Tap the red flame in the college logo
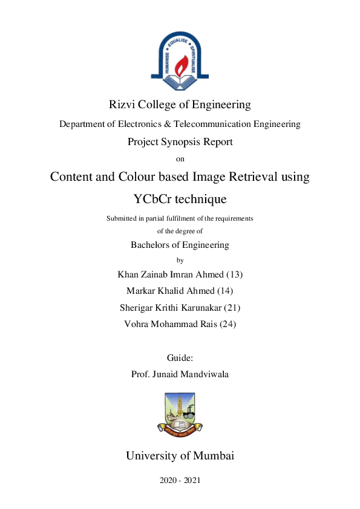pos(180,64)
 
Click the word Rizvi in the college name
pos(122,105)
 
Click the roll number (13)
pos(233,274)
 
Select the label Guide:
pos(180,358)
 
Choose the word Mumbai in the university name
pos(212,456)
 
